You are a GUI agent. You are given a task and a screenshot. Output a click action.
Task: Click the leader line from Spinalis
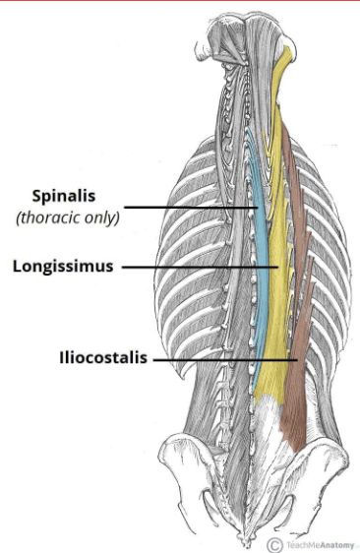pyautogui.click(x=192, y=207)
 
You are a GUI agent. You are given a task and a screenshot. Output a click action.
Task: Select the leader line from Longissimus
pyautogui.click(x=197, y=266)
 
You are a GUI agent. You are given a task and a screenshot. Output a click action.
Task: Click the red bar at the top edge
pyautogui.click(x=180, y=1)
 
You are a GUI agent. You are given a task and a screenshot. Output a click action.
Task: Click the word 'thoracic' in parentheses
pyautogui.click(x=57, y=217)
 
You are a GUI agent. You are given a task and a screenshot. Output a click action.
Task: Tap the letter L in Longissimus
pyautogui.click(x=19, y=266)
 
